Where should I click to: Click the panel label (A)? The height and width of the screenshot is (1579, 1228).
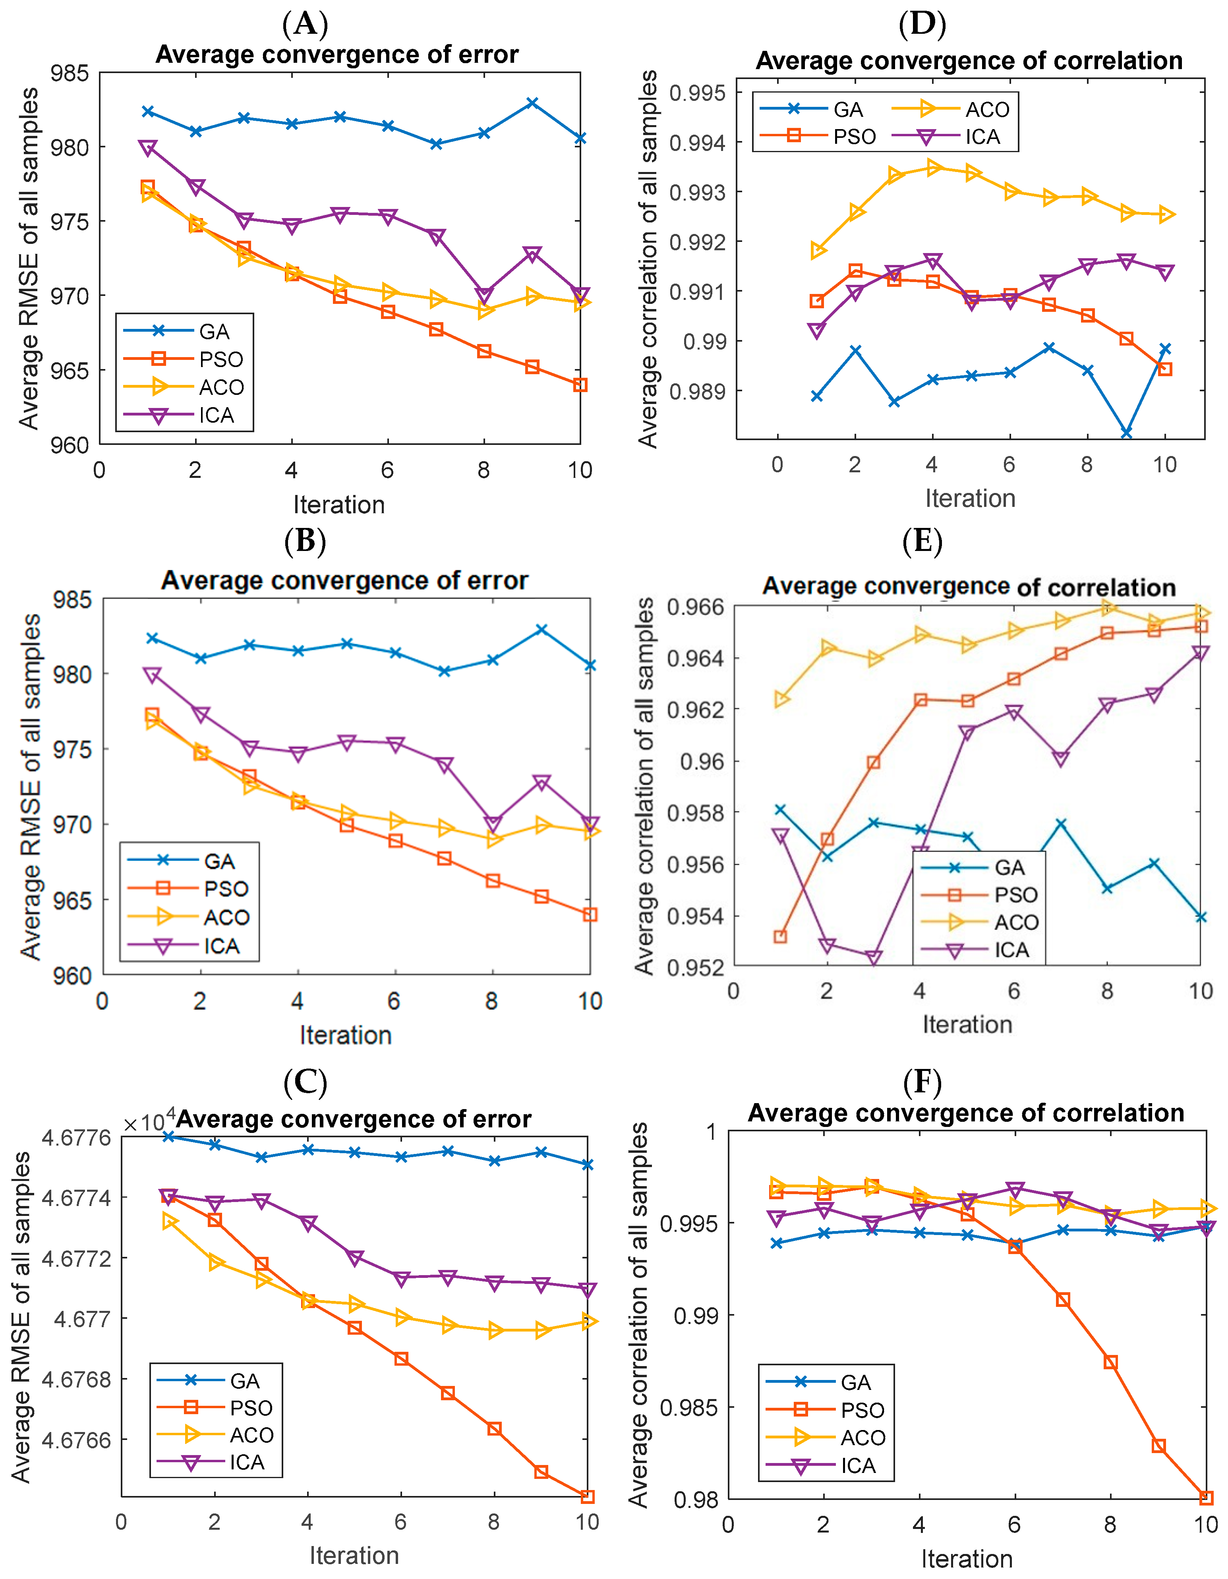tap(305, 24)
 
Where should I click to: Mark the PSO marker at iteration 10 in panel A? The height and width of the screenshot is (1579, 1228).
tap(580, 385)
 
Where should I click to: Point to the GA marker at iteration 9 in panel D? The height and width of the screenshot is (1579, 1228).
tap(1126, 432)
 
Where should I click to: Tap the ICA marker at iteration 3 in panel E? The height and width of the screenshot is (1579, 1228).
tap(874, 958)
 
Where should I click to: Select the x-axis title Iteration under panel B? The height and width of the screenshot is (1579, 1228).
tap(346, 1035)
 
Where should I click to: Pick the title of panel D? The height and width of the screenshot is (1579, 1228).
tap(969, 61)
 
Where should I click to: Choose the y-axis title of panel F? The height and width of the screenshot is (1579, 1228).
tap(638, 1314)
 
